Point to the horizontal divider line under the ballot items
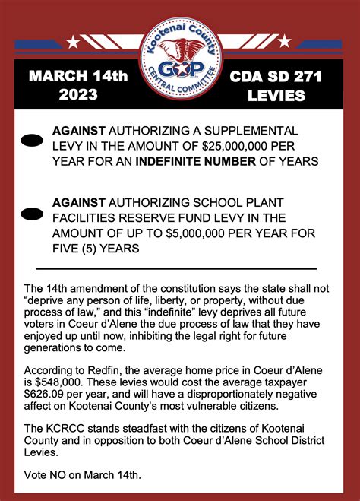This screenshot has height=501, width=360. click(175, 268)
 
